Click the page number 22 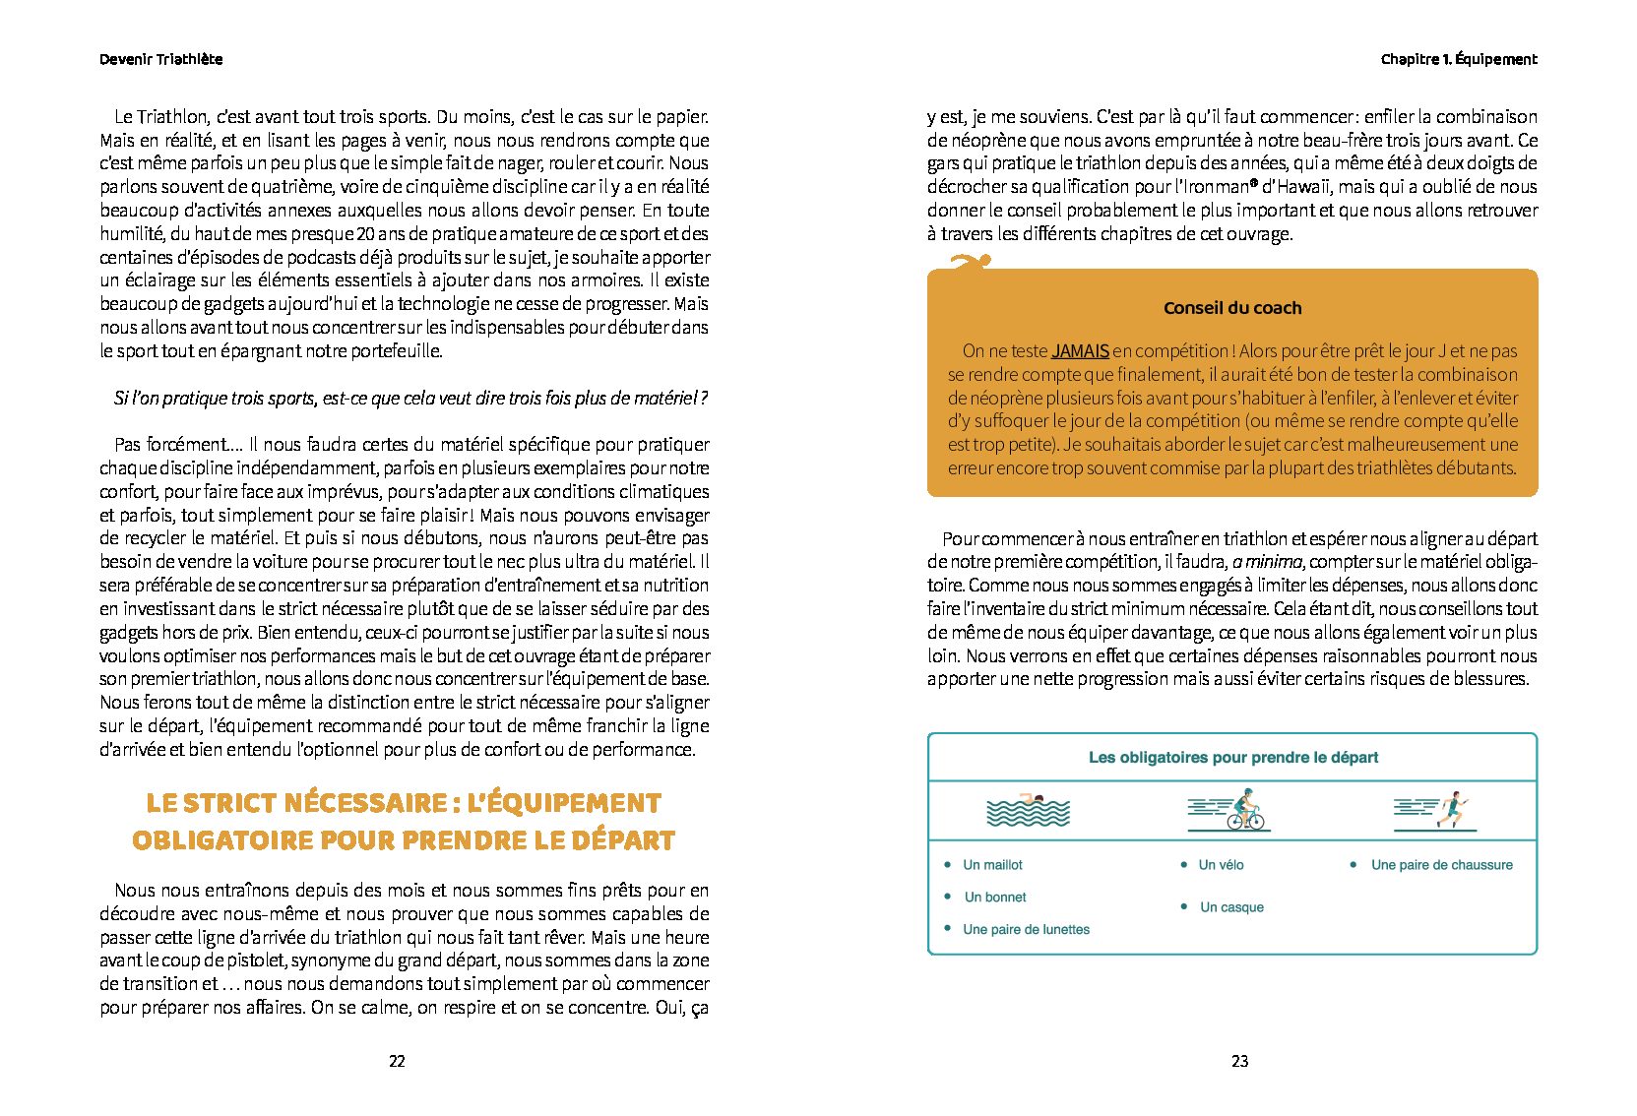pyautogui.click(x=397, y=1061)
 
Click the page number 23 pyautogui.click(x=1239, y=1061)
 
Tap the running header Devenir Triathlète pyautogui.click(x=160, y=59)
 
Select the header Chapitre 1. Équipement pyautogui.click(x=1458, y=59)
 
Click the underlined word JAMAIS pyautogui.click(x=1080, y=351)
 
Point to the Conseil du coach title pyautogui.click(x=1231, y=308)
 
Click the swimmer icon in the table pyautogui.click(x=1028, y=810)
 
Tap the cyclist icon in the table pyautogui.click(x=1230, y=810)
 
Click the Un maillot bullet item pyautogui.click(x=992, y=865)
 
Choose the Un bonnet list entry pyautogui.click(x=994, y=898)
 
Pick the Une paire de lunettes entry pyautogui.click(x=1026, y=929)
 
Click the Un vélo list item pyautogui.click(x=1221, y=865)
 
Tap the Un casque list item pyautogui.click(x=1231, y=907)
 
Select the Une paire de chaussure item pyautogui.click(x=1441, y=865)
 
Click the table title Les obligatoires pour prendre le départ pyautogui.click(x=1232, y=758)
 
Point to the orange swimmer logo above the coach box pyautogui.click(x=970, y=261)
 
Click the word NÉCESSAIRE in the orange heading pyautogui.click(x=364, y=803)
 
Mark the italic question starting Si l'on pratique pyautogui.click(x=410, y=399)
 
